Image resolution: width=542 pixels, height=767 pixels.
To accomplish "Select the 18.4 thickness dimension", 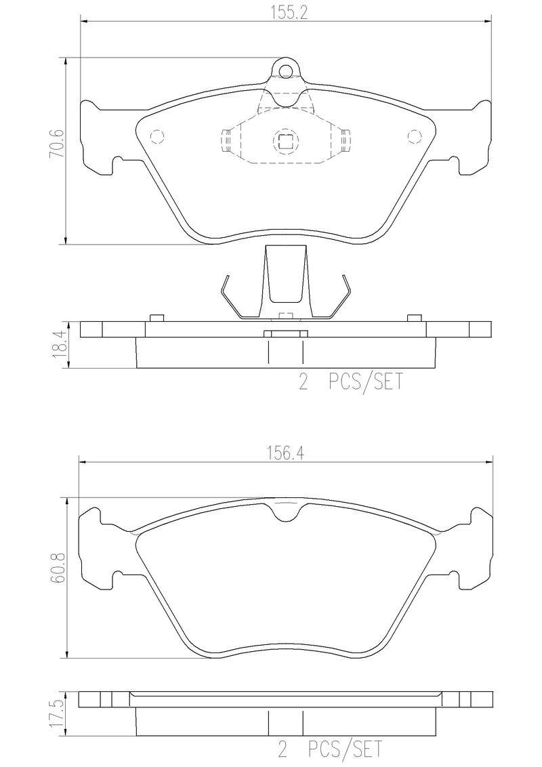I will tap(58, 344).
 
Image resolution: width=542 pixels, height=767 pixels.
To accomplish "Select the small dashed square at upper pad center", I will tap(285, 141).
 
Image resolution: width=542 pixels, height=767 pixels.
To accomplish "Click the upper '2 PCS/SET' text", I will tap(350, 383).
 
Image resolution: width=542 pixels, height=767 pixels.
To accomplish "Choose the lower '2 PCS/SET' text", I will tap(330, 750).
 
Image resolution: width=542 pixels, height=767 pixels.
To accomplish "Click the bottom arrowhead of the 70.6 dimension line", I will tap(66, 241).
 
